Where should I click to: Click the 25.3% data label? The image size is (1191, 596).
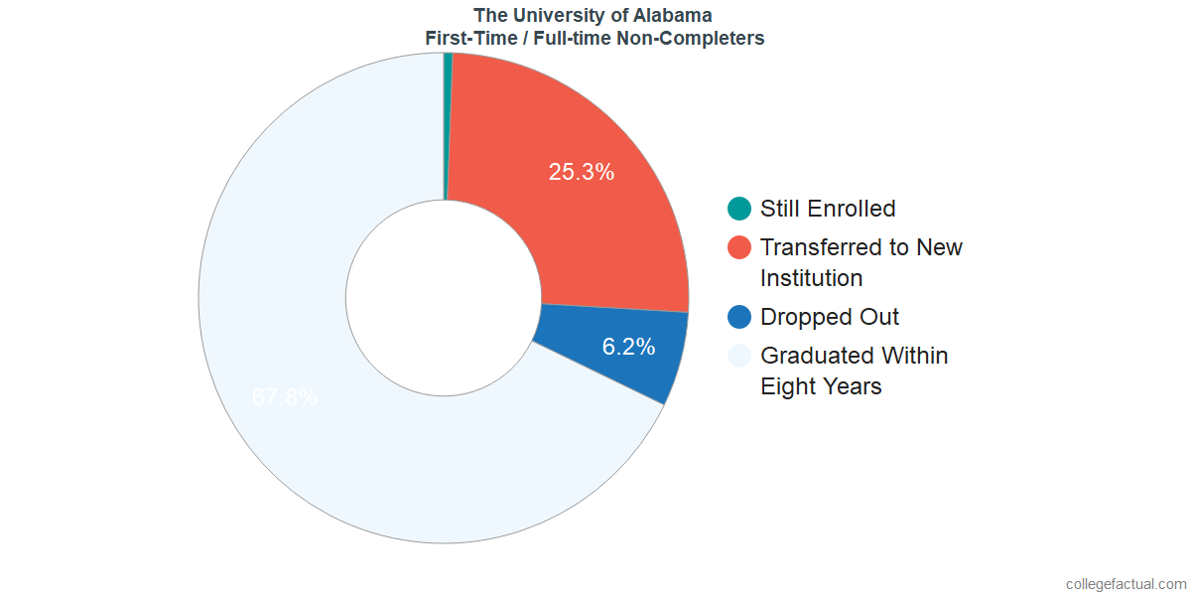pyautogui.click(x=582, y=172)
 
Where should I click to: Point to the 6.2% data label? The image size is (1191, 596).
pyautogui.click(x=628, y=347)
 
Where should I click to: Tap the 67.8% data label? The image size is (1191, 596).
pyautogui.click(x=285, y=397)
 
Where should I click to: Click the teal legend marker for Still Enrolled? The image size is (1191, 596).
pyautogui.click(x=739, y=209)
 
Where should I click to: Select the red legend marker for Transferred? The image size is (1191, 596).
pyautogui.click(x=739, y=247)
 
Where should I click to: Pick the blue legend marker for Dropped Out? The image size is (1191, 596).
pyautogui.click(x=739, y=317)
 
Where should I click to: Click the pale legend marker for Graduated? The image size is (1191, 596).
pyautogui.click(x=739, y=356)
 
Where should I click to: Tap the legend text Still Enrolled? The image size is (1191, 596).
pyautogui.click(x=828, y=209)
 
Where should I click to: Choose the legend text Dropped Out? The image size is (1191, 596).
pyautogui.click(x=830, y=317)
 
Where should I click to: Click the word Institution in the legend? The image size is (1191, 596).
pyautogui.click(x=811, y=278)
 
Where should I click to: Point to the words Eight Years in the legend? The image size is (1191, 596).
pyautogui.click(x=821, y=386)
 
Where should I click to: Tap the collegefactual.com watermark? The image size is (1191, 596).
pyautogui.click(x=1125, y=584)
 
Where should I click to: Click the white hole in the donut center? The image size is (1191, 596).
pyautogui.click(x=443, y=298)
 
